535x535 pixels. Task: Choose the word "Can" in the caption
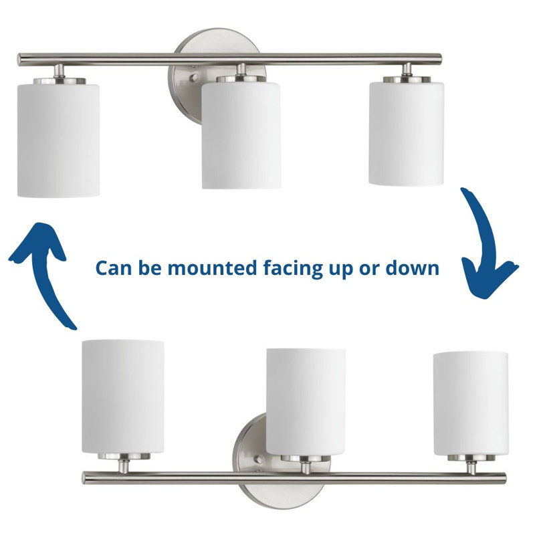pyautogui.click(x=112, y=267)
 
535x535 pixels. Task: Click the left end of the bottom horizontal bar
pyautogui.click(x=88, y=477)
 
